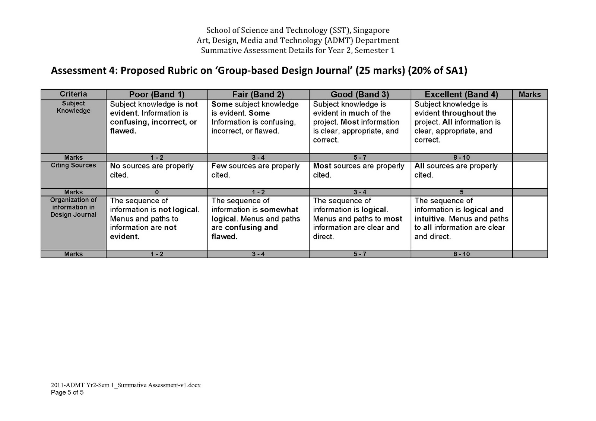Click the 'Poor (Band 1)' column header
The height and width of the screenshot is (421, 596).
pyautogui.click(x=157, y=95)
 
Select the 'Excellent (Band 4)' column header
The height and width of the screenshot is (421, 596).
pyautogui.click(x=461, y=95)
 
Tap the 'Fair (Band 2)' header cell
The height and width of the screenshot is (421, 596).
pyautogui.click(x=258, y=95)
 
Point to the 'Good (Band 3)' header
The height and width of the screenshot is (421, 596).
pyautogui.click(x=360, y=95)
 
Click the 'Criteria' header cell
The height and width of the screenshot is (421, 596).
pyautogui.click(x=73, y=94)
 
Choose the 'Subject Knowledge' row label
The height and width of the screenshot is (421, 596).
pyautogui.click(x=73, y=107)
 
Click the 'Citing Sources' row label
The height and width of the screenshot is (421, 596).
pyautogui.click(x=73, y=165)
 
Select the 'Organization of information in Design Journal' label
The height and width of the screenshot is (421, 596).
pyautogui.click(x=73, y=207)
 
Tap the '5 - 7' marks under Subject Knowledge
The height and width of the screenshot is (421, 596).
pyautogui.click(x=360, y=157)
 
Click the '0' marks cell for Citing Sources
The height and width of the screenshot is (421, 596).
pyautogui.click(x=157, y=192)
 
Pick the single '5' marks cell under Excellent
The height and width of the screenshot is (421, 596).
pyautogui.click(x=462, y=192)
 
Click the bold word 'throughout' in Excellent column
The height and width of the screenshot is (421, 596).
pyautogui.click(x=463, y=113)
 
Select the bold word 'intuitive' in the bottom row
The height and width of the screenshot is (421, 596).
pyautogui.click(x=429, y=219)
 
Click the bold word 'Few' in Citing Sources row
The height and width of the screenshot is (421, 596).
pyautogui.click(x=219, y=166)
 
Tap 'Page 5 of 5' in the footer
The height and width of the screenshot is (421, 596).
pyautogui.click(x=67, y=392)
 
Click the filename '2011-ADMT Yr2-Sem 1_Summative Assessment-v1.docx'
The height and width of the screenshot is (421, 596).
pyautogui.click(x=126, y=385)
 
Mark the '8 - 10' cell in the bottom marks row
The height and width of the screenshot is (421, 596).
pyautogui.click(x=462, y=254)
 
